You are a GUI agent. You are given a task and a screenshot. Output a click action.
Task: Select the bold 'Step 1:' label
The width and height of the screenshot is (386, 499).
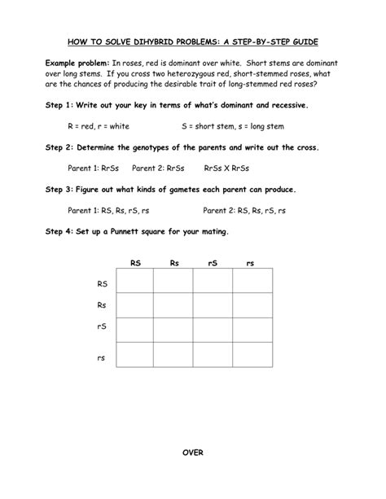tap(60, 106)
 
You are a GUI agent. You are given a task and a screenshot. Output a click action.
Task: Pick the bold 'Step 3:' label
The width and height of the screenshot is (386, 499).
tap(60, 189)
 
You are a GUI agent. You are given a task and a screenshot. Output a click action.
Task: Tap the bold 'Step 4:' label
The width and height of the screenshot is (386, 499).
tap(60, 231)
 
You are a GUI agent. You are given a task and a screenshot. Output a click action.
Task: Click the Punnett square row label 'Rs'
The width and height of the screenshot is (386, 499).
tap(102, 305)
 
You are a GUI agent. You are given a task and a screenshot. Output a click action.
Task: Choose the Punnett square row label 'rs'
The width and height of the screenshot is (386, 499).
tap(102, 357)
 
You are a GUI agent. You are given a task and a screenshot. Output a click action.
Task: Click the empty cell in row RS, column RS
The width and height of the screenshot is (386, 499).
tap(134, 282)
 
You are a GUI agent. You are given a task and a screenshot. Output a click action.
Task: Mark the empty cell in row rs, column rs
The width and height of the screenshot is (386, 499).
tap(252, 354)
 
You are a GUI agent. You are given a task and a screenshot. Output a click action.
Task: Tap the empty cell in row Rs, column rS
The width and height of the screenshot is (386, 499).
tap(213, 305)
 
